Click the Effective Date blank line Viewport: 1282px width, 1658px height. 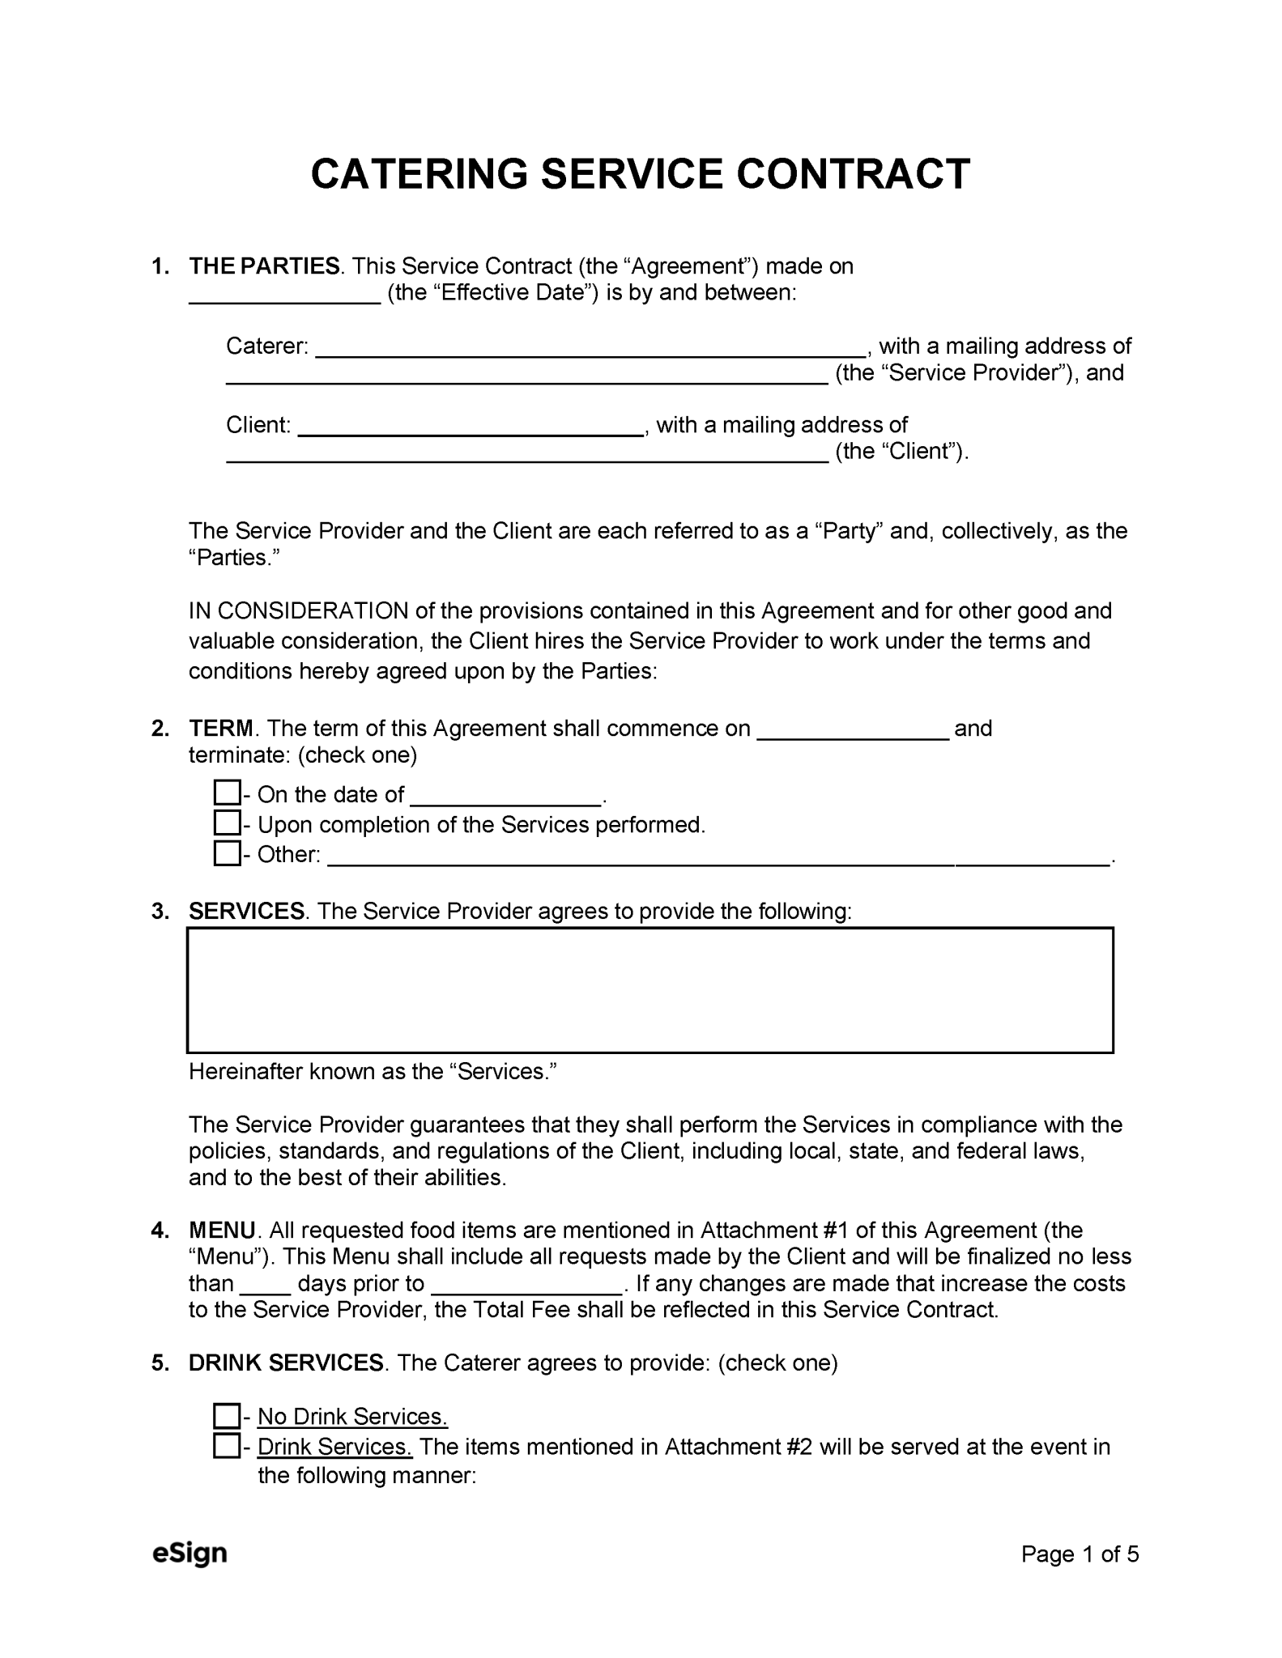(284, 298)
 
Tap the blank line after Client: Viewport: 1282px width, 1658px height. (471, 431)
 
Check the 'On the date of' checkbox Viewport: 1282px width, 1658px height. (226, 793)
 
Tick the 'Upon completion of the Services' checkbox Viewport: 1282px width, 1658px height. (226, 823)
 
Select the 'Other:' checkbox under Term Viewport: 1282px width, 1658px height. (226, 853)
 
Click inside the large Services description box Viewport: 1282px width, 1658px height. (650, 989)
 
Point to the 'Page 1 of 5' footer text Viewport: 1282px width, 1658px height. (1080, 1554)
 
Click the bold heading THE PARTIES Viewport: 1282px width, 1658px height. (264, 266)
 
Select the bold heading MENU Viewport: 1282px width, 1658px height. (222, 1231)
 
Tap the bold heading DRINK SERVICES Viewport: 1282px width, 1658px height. (285, 1363)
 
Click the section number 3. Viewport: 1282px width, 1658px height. (159, 912)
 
